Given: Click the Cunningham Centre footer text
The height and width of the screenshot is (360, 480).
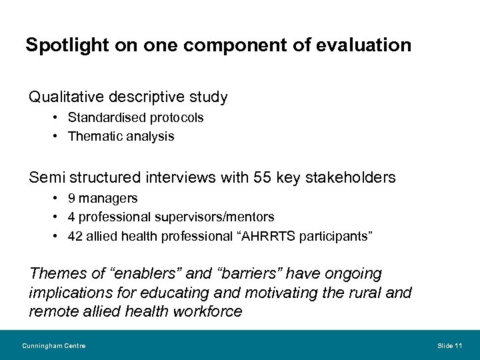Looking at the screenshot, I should tap(53, 345).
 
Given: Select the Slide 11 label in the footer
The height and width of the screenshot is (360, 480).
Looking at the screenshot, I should tap(449, 345).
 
